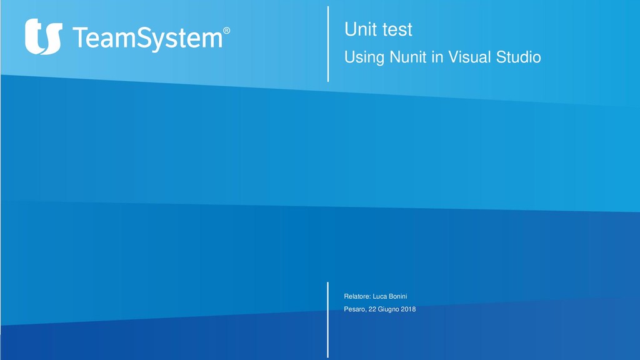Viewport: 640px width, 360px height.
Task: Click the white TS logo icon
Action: pyautogui.click(x=43, y=36)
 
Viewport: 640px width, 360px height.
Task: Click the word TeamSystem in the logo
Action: pyautogui.click(x=147, y=38)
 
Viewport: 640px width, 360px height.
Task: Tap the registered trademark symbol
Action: pyautogui.click(x=226, y=30)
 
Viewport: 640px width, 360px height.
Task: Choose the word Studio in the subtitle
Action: pyautogui.click(x=518, y=57)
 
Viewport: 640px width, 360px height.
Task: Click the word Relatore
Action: pyautogui.click(x=357, y=296)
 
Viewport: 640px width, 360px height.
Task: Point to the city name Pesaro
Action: pyautogui.click(x=355, y=309)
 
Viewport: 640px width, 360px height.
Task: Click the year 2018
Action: pyautogui.click(x=409, y=309)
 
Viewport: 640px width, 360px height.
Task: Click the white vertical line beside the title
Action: pyautogui.click(x=327, y=44)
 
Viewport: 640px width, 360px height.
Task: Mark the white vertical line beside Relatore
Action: pyautogui.click(x=327, y=319)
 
